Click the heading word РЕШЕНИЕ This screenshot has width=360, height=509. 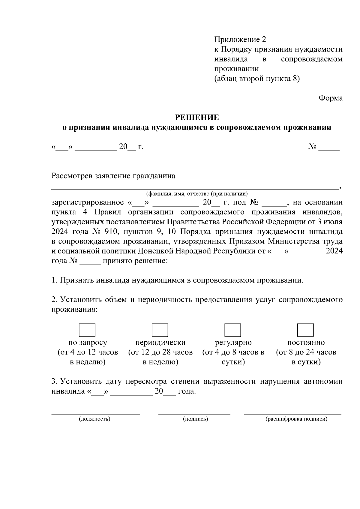coord(197,117)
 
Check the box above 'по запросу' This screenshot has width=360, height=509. coord(87,330)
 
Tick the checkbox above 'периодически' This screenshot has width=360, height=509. coord(160,330)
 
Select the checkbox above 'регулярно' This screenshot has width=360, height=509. coord(233,330)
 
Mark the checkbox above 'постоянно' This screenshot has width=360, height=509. coord(305,330)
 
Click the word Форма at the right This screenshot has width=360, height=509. coord(330,98)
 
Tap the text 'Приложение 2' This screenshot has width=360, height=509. coord(240,39)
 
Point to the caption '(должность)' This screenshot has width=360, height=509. coord(94,419)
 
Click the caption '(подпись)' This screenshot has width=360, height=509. coord(195,419)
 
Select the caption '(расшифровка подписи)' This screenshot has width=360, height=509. coord(296,419)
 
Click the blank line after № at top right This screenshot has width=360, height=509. coord(329,149)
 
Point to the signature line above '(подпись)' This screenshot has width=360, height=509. coord(194,414)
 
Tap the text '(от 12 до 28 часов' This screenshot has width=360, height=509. coord(160,352)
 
